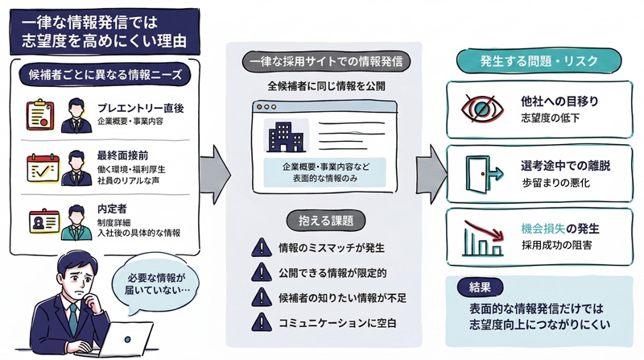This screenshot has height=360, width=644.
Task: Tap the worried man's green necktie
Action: point(72,318)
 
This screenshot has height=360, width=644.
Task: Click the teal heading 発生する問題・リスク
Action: point(534,61)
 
